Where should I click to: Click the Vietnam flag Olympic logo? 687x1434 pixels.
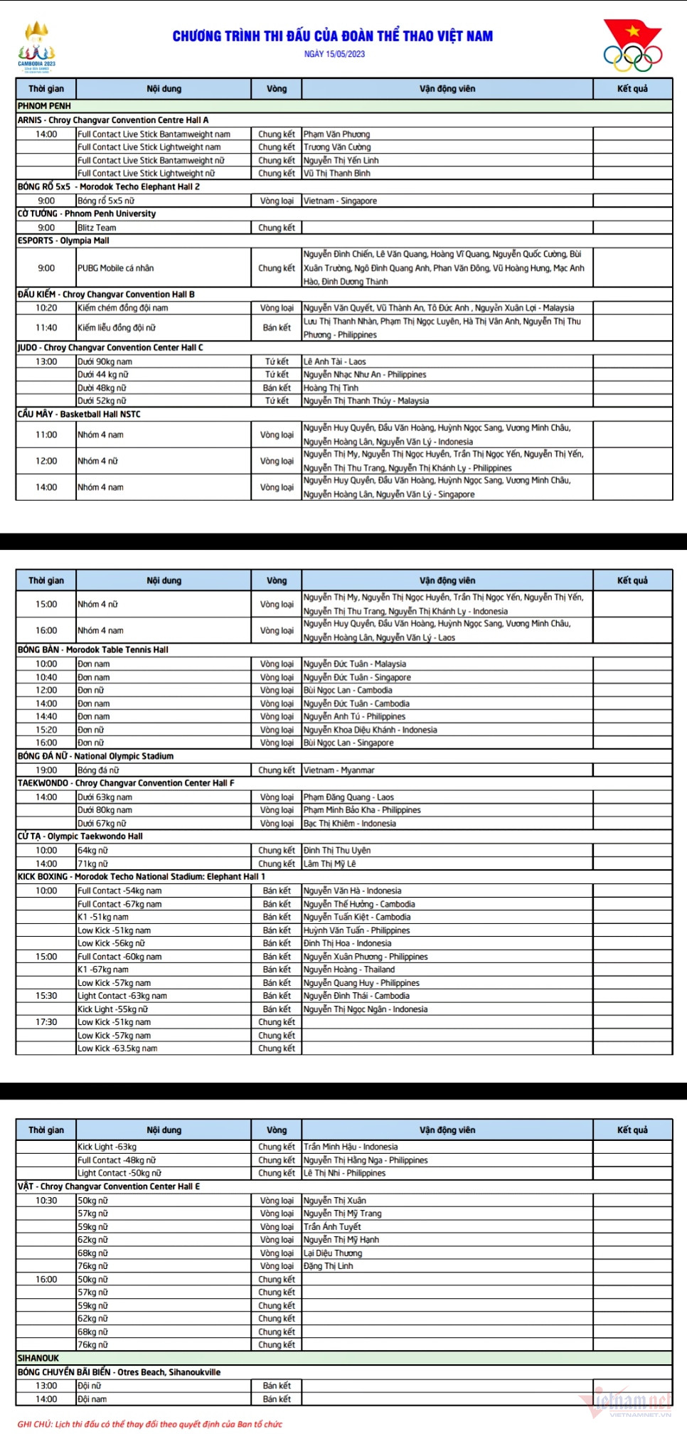632,46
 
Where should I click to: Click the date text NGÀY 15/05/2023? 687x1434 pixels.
334,54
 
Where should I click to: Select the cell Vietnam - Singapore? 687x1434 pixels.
340,201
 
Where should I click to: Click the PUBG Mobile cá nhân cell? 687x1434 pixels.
115,268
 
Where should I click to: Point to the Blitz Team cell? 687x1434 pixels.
97,228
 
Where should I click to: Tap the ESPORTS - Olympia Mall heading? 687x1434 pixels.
63,240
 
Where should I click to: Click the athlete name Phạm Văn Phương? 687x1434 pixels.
336,134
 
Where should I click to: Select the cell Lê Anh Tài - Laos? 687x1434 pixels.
334,361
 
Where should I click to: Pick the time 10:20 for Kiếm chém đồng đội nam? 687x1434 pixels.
46,308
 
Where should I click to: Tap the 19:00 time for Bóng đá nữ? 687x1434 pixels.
46,770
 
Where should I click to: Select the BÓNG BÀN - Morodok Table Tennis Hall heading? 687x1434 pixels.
93,649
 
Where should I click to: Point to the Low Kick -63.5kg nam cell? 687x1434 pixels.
117,1048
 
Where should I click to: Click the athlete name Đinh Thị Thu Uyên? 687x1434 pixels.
336,850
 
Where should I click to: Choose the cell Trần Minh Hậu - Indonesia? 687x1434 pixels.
351,1147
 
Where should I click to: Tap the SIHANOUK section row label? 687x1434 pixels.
38,1358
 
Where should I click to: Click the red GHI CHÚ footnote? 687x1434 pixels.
149,1424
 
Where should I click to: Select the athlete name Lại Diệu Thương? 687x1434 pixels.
333,1253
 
